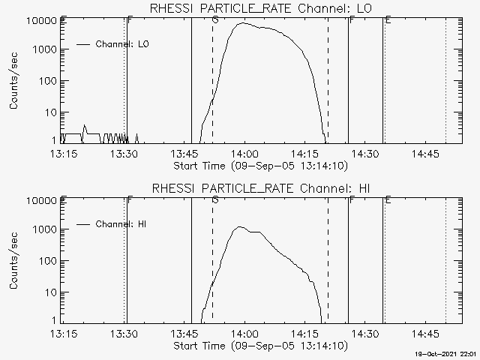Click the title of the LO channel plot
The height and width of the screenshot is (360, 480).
(261, 8)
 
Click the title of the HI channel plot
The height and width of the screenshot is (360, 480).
(261, 188)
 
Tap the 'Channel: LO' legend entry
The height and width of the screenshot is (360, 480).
(112, 44)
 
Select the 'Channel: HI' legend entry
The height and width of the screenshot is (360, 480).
(112, 224)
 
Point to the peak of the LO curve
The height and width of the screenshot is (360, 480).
(243, 22)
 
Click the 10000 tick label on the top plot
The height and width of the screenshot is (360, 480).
(42, 21)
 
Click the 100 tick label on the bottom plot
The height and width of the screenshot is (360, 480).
(48, 261)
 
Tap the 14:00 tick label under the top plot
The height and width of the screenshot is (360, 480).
(244, 154)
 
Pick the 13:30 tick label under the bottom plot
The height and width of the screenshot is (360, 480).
(124, 334)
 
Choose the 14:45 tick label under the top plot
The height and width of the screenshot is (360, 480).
(425, 154)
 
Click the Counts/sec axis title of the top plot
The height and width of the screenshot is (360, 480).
(13, 81)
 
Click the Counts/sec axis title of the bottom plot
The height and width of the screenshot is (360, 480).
(13, 261)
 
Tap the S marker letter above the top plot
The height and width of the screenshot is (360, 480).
(215, 20)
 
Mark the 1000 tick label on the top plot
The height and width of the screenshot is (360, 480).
(45, 49)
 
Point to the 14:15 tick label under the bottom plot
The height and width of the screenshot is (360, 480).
(305, 334)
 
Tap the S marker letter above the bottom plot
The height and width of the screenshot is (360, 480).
(215, 200)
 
